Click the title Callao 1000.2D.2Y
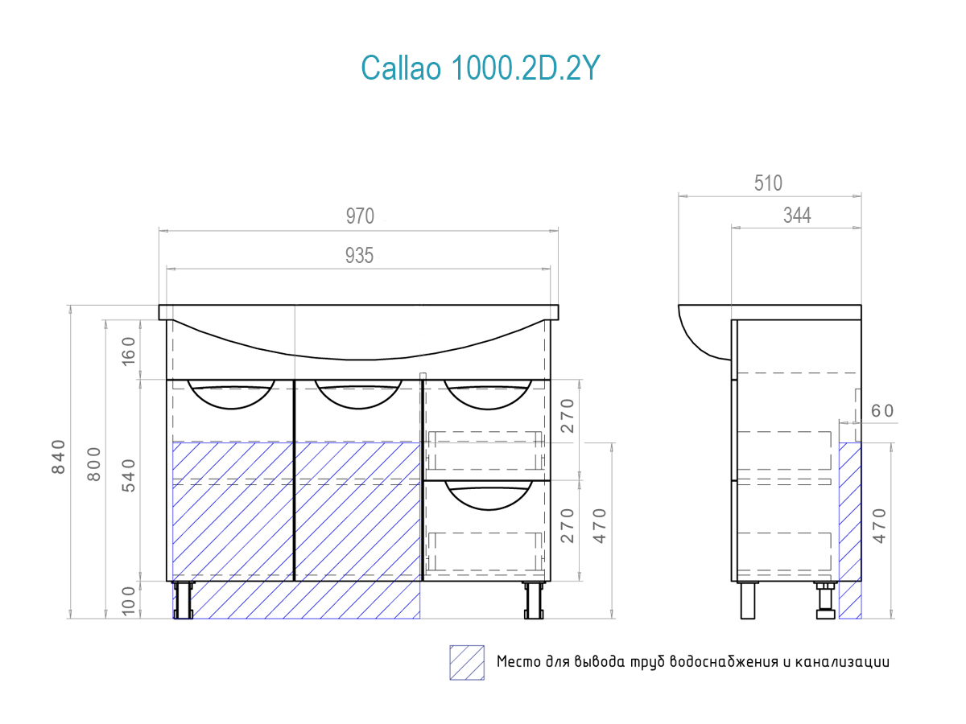(x=480, y=68)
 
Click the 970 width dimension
(x=360, y=216)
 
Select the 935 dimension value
(x=359, y=255)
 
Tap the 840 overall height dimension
(x=59, y=457)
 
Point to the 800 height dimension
(x=94, y=464)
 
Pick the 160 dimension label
(x=128, y=352)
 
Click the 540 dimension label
(x=129, y=475)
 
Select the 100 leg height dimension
(x=128, y=601)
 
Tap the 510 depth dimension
(x=768, y=183)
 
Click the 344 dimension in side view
(x=797, y=215)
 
